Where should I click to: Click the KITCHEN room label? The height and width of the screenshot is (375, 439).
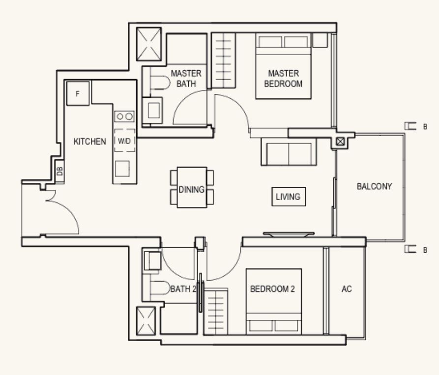[x=89, y=142]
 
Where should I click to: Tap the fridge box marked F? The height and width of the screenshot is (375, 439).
[x=78, y=93]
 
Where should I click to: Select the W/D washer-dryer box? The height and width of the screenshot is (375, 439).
[x=124, y=141]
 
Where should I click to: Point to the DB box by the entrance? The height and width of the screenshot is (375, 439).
[x=59, y=171]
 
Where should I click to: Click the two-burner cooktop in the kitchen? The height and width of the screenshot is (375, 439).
[x=124, y=116]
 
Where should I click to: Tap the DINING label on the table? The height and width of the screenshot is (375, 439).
[x=192, y=189]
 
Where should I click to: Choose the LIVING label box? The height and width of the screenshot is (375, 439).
[x=289, y=197]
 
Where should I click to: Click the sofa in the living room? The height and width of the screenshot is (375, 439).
[x=289, y=152]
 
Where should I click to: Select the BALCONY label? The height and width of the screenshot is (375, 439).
[x=374, y=186]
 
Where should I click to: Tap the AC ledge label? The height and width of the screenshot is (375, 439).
[x=347, y=289]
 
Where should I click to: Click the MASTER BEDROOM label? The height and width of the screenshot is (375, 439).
[x=283, y=79]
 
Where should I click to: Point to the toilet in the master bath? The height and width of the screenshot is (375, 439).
[x=160, y=83]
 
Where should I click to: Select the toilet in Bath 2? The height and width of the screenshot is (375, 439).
[x=160, y=288]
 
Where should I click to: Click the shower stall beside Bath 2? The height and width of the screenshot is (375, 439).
[x=146, y=321]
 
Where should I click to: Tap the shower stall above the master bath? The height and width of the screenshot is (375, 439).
[x=149, y=44]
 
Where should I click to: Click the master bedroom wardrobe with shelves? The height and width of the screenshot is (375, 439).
[x=223, y=60]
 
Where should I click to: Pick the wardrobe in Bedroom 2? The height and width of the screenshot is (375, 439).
[x=216, y=312]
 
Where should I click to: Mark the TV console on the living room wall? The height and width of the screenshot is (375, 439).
[x=289, y=234]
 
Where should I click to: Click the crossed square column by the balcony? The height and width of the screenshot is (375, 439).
[x=340, y=142]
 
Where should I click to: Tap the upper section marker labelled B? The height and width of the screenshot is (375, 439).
[x=416, y=126]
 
